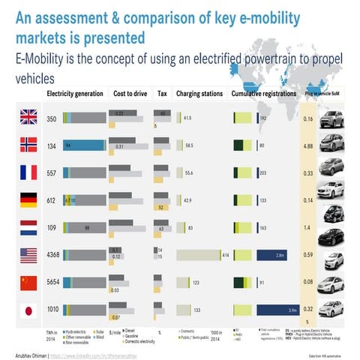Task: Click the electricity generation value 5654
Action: (x=52, y=283)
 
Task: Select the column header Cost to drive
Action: (x=129, y=94)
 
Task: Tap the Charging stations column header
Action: (x=199, y=94)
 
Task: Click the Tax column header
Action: (x=163, y=94)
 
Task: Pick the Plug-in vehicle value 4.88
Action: (x=307, y=145)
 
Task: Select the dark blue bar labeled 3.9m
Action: (x=278, y=309)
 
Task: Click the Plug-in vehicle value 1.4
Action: (x=307, y=228)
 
